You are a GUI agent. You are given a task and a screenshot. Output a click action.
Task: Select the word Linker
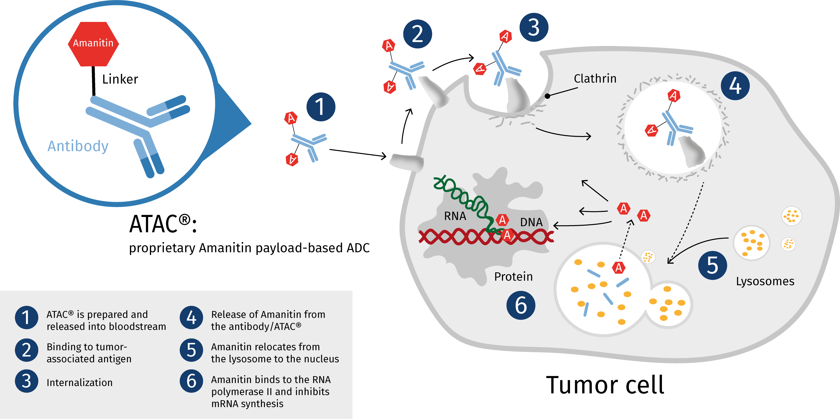click(120, 79)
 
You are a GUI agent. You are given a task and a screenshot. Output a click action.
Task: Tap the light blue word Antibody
click(78, 146)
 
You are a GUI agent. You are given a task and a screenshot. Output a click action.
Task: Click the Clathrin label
click(595, 79)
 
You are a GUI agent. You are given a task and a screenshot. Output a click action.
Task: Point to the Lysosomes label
click(765, 281)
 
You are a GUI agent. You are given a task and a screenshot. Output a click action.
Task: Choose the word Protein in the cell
click(513, 277)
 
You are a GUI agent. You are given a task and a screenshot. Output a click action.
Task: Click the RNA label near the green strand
click(455, 216)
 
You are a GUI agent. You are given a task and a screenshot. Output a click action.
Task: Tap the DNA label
click(531, 222)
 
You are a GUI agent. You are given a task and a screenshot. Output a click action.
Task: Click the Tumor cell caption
click(605, 385)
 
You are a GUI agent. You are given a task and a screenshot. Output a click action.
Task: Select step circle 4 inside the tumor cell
click(735, 86)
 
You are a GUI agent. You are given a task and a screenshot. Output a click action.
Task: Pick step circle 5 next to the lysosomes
click(712, 265)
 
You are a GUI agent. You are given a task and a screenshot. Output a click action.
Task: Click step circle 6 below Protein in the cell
click(521, 305)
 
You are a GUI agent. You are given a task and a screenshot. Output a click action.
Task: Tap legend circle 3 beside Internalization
click(26, 381)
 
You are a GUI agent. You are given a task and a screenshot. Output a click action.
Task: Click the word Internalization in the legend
click(80, 382)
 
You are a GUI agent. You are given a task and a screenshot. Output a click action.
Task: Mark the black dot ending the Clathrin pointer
click(547, 96)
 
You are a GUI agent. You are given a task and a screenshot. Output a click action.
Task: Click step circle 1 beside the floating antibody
click(321, 107)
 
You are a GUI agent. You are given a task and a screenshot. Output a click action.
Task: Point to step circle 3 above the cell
click(534, 27)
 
